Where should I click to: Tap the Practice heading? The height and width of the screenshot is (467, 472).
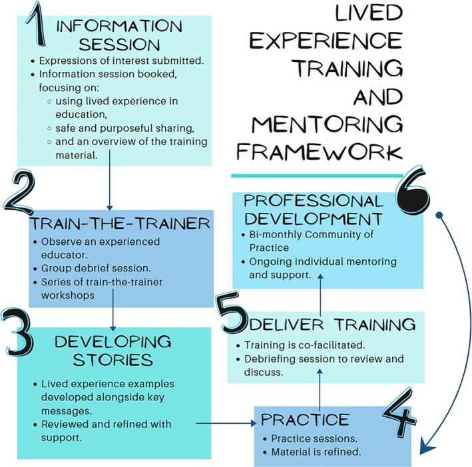coord(305,420)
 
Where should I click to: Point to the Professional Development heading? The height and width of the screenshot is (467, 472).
coord(312,210)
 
